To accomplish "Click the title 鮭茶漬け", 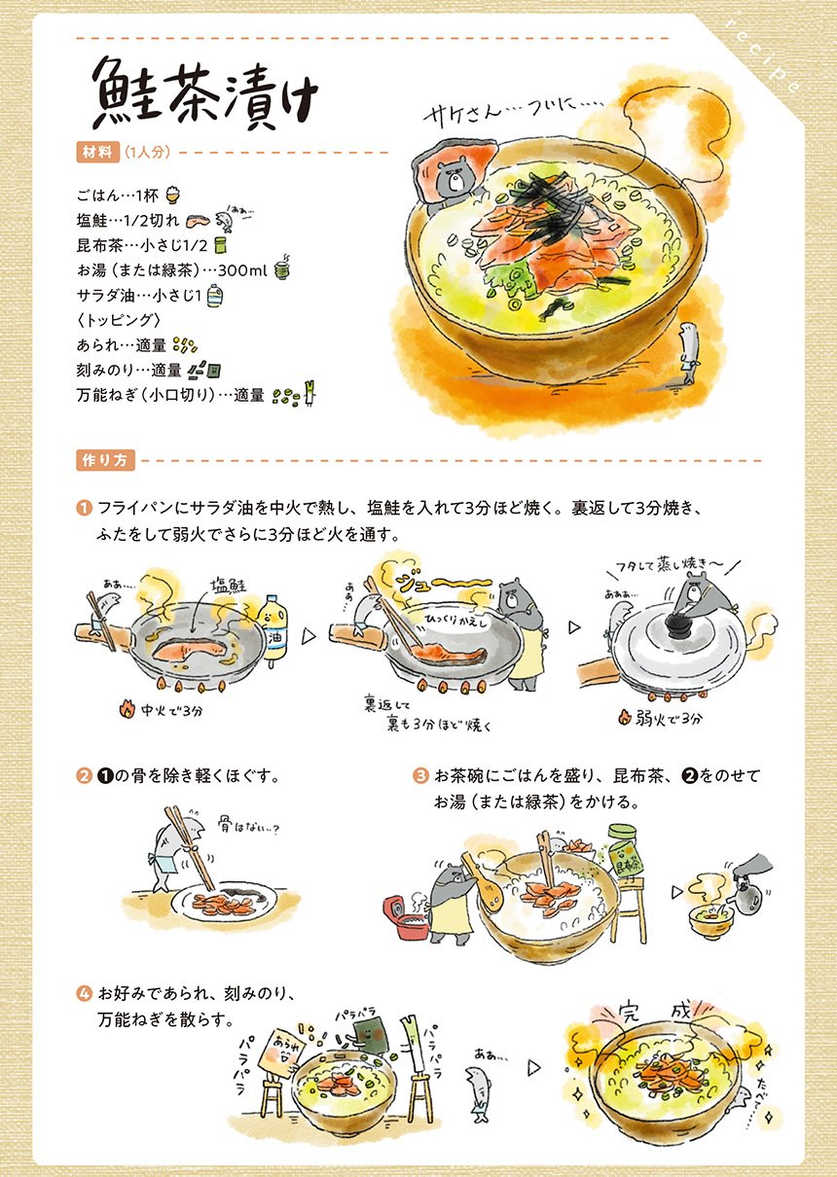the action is (205, 94).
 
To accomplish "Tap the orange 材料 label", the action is (97, 153).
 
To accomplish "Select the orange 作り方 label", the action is (105, 460).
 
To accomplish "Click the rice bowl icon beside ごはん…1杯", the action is (172, 196).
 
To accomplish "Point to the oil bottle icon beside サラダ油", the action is (214, 296).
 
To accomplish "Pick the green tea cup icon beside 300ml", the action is (282, 267).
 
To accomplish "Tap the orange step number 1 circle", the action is (84, 508).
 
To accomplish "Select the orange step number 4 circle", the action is (84, 993).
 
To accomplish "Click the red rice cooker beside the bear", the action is (407, 917).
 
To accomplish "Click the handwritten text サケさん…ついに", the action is (514, 112).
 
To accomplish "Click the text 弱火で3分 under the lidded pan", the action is (661, 717).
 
